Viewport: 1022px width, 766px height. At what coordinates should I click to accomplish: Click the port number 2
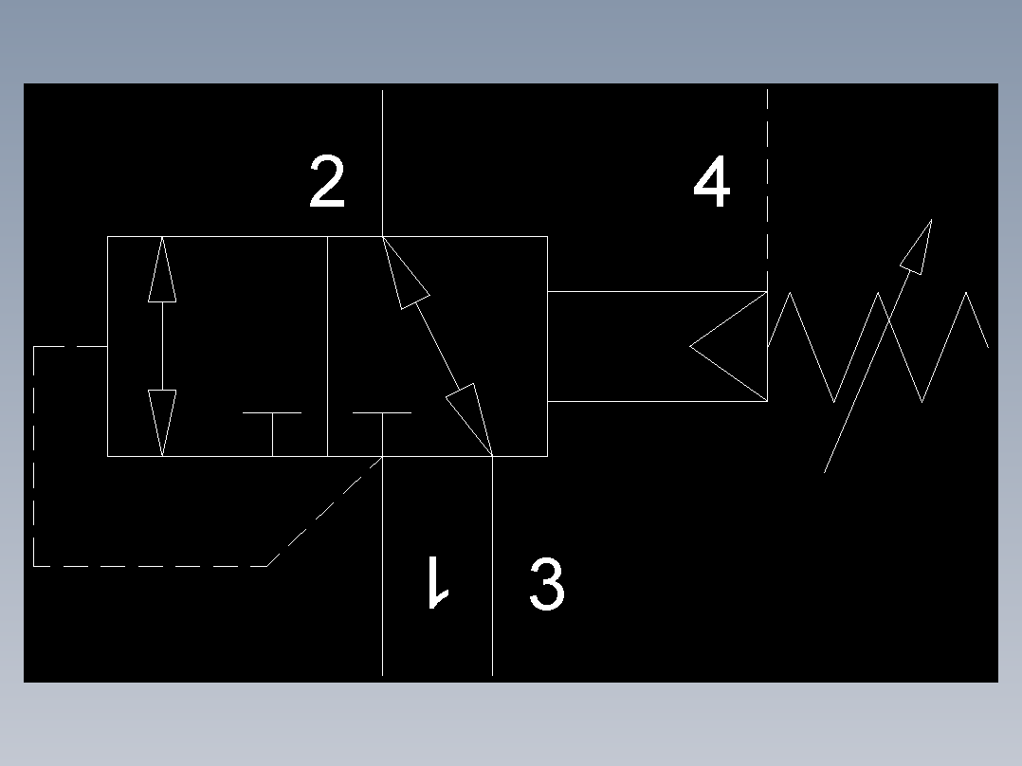pyautogui.click(x=327, y=183)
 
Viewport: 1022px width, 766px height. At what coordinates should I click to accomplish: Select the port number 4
pyautogui.click(x=712, y=183)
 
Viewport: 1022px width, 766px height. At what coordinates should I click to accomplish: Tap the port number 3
pyautogui.click(x=547, y=584)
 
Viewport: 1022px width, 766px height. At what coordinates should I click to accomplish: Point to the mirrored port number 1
pyautogui.click(x=437, y=582)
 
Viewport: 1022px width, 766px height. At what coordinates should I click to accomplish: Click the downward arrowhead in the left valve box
pyautogui.click(x=162, y=423)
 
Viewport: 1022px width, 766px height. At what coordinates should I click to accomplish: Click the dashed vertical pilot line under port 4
pyautogui.click(x=767, y=190)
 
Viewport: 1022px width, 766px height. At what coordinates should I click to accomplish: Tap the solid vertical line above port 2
pyautogui.click(x=382, y=161)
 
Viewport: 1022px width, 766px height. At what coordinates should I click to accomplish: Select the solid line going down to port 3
pyautogui.click(x=493, y=569)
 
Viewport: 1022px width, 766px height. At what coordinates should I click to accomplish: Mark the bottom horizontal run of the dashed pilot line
pyautogui.click(x=152, y=566)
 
